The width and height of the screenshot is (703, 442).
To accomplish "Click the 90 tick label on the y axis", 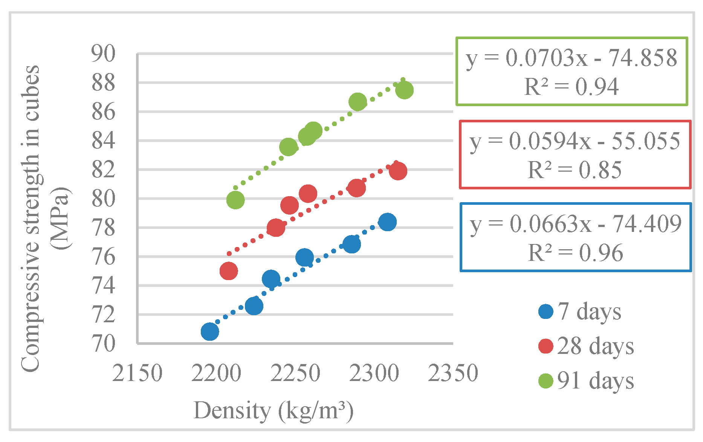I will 103,53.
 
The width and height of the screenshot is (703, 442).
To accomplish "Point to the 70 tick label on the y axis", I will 103,343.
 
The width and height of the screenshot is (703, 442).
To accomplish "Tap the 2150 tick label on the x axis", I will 137,373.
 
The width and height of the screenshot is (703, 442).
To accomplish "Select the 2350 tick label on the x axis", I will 453,373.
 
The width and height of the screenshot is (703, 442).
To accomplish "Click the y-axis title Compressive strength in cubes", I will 30,218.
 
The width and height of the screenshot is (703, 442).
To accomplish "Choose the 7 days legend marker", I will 546,311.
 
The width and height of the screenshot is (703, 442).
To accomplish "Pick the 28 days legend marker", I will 546,346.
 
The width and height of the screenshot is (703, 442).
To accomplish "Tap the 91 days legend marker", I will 546,381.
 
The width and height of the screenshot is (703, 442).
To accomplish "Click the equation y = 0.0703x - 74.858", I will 572,58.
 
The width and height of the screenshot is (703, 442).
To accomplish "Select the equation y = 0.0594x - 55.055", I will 575,142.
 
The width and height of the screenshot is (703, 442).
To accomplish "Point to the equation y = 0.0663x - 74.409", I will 576,224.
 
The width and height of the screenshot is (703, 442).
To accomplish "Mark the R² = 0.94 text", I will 572,87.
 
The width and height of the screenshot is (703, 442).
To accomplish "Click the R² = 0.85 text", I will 575,170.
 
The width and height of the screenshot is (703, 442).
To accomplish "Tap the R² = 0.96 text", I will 576,253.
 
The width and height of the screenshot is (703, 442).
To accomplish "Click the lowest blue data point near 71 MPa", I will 210,332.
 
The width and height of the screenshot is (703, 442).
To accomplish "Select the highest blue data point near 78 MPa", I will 387,222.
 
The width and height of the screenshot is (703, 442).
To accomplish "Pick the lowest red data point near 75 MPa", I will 229,271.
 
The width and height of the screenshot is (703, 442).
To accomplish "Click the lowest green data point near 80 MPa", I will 235,200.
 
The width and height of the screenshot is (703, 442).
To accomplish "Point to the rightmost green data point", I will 405,90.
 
